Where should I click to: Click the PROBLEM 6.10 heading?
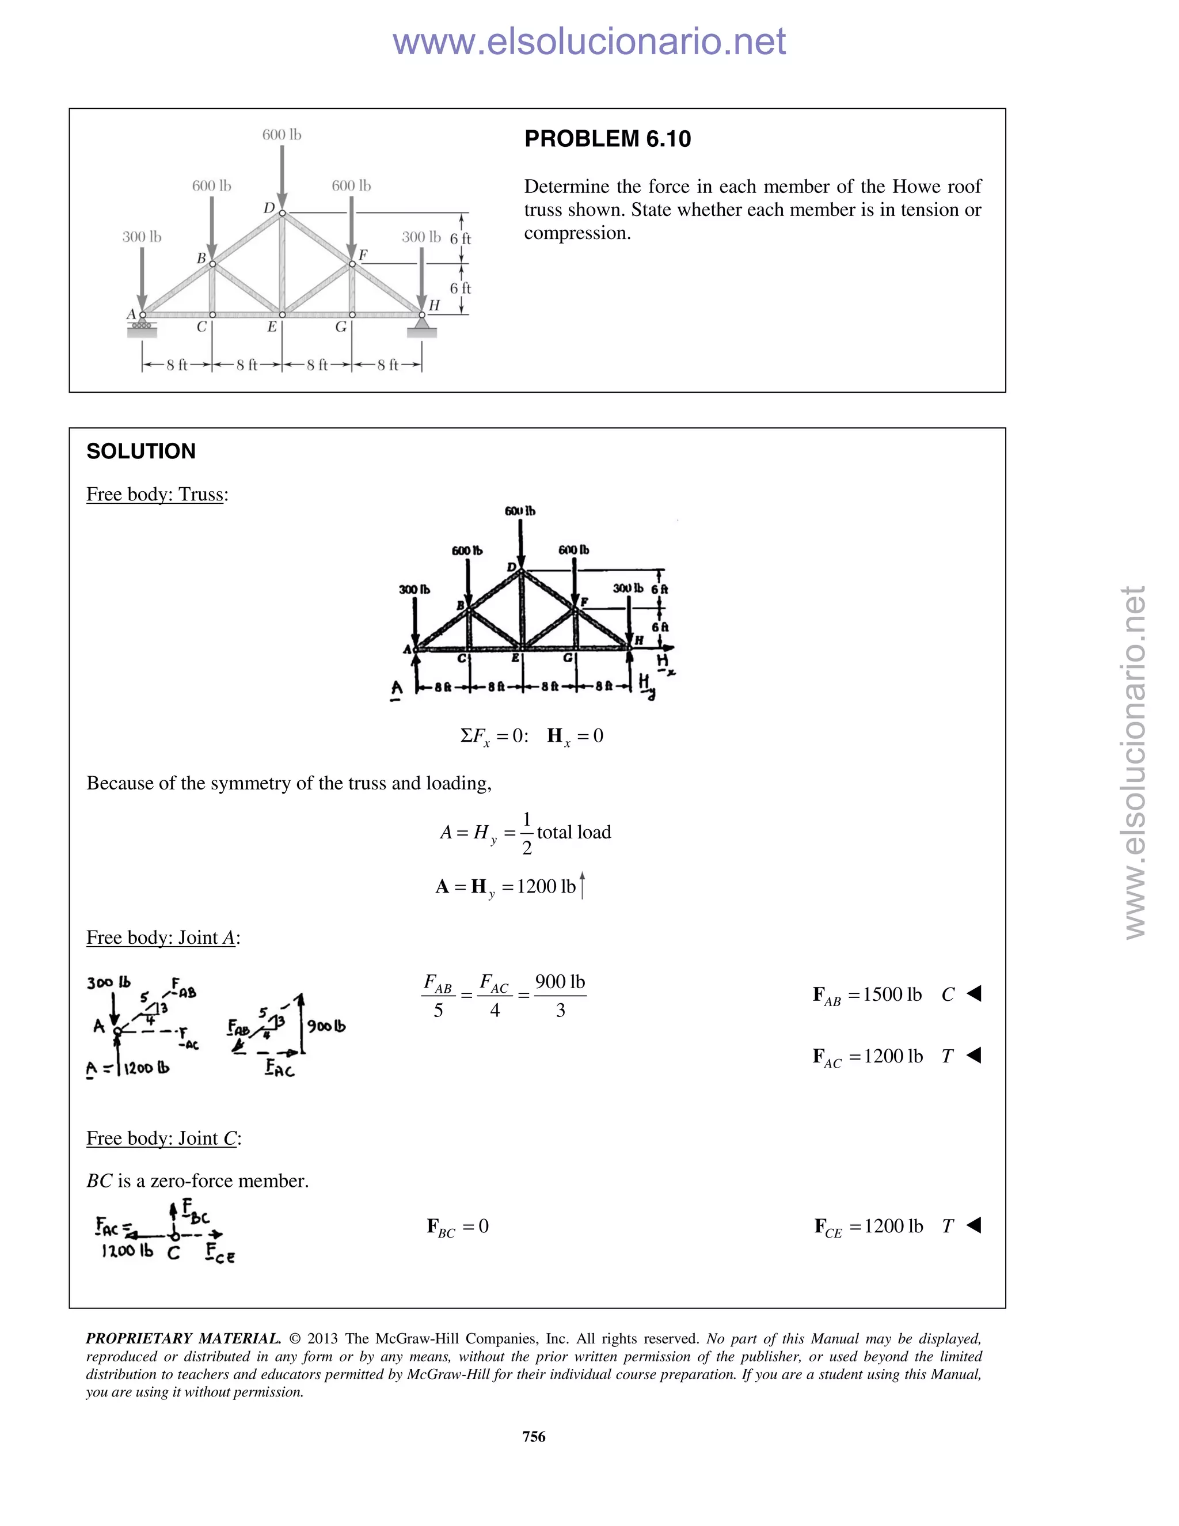click(607, 139)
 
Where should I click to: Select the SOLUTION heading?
click(140, 451)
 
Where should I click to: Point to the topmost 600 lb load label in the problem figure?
click(282, 134)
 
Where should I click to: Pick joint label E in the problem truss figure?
click(272, 327)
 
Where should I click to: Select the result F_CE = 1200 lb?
click(868, 1226)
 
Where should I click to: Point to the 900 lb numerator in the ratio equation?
click(560, 982)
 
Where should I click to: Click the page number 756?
click(534, 1436)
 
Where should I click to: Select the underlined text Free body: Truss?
click(156, 495)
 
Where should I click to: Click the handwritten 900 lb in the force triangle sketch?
click(326, 1026)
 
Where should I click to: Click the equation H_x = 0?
click(575, 736)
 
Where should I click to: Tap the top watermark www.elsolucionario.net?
click(589, 41)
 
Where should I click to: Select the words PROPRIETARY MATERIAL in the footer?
click(183, 1339)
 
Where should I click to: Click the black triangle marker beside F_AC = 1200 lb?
click(975, 1055)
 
